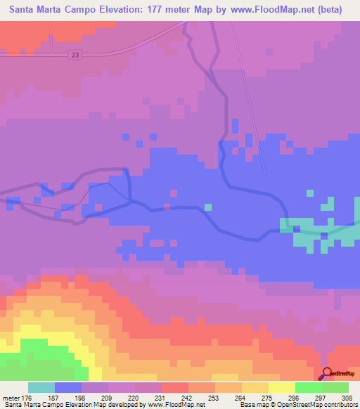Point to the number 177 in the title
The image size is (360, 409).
(155, 10)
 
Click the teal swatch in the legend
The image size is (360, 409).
(41, 387)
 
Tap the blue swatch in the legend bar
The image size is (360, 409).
(68, 387)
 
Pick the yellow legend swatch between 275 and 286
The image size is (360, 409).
(282, 387)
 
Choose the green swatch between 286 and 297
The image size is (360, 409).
(309, 387)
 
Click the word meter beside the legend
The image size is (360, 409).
(11, 398)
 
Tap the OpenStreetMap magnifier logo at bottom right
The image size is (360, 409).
(328, 375)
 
